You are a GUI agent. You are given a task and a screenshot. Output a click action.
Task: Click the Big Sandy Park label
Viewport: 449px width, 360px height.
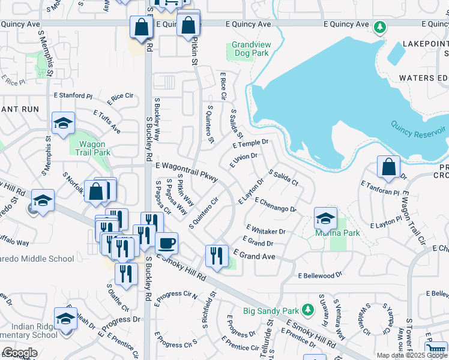[271, 311]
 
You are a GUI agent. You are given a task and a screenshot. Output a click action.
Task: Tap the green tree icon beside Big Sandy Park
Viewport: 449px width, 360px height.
[308, 309]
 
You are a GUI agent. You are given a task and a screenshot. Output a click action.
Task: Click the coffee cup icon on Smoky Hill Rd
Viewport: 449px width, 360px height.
[166, 243]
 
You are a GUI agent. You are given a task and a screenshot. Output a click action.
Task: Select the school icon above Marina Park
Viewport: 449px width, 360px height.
[325, 218]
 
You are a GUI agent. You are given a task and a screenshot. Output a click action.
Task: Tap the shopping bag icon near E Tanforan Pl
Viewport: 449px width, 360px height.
[389, 167]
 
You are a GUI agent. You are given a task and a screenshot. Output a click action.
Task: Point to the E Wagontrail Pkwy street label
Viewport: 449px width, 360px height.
[186, 172]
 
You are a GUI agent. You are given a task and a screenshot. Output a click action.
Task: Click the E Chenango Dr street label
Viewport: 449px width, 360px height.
[276, 205]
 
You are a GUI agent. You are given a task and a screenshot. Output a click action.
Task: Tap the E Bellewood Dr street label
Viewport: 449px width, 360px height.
[320, 275]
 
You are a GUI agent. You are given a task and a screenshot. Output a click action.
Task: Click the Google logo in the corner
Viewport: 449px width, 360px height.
[19, 353]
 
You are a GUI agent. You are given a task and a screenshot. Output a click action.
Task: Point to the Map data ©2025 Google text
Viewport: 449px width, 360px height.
[412, 355]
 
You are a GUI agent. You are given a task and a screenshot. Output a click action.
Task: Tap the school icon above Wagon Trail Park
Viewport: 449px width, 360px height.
[63, 123]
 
